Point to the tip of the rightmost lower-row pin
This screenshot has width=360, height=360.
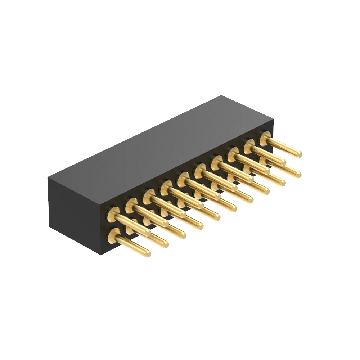pos(298,175)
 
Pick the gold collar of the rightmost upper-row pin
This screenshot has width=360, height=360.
pos(265,137)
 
